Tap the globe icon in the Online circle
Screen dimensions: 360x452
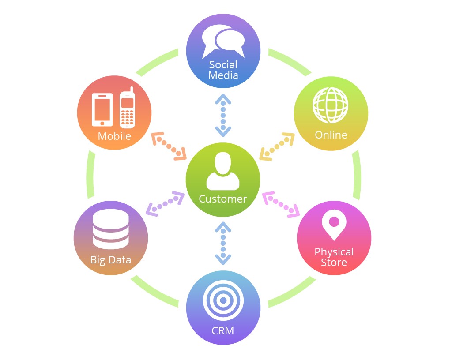(330, 105)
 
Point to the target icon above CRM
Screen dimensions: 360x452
(223, 300)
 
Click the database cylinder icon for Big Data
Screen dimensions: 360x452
(111, 229)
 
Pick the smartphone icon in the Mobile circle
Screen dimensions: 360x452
(102, 109)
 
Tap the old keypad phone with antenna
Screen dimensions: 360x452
(127, 109)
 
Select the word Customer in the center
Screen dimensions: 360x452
(223, 199)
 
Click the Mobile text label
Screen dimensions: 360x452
(114, 136)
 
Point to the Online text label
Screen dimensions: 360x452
(331, 135)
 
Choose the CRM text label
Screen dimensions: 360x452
(223, 330)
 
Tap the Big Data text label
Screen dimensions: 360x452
(111, 259)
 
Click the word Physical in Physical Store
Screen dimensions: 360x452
(334, 252)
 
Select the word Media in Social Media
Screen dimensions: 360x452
(223, 75)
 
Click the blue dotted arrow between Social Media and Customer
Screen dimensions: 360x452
(223, 115)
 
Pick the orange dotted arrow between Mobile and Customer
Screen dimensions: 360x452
(169, 146)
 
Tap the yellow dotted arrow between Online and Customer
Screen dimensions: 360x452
(277, 146)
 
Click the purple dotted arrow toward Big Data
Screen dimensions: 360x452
(165, 204)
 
